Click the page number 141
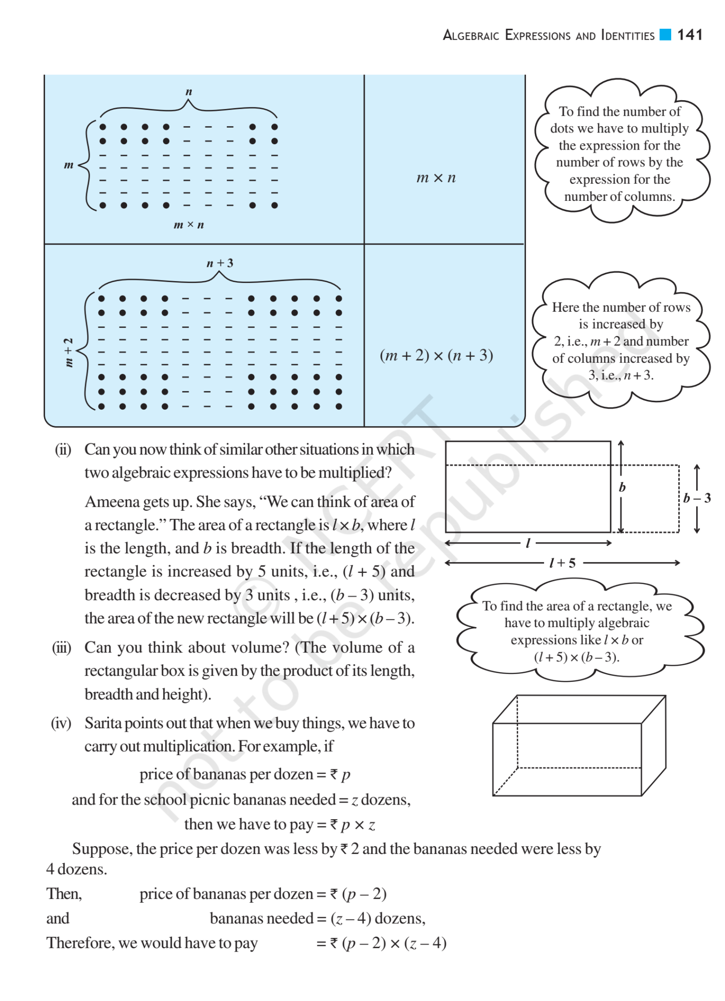pos(689,35)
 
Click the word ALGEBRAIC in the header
pos(471,35)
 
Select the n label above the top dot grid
pos(189,91)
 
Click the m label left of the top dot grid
pos(68,165)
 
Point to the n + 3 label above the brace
pos(220,263)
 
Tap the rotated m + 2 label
pos(69,352)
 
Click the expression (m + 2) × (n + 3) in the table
pos(436,355)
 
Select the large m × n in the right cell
pos(436,177)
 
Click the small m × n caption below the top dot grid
pos(189,225)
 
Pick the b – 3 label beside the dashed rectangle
pos(697,498)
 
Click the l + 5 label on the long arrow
pos(562,563)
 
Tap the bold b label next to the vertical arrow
pos(622,487)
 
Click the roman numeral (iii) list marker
pos(62,648)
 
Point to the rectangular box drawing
pos(579,745)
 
